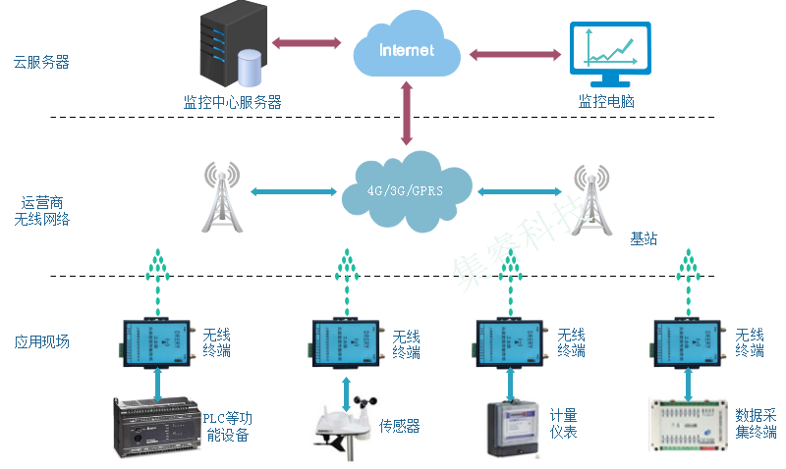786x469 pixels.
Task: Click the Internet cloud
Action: click(x=406, y=50)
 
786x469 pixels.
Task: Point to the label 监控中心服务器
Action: click(x=233, y=101)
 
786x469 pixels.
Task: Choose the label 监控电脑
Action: click(x=606, y=101)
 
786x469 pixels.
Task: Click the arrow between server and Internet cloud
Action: click(x=306, y=44)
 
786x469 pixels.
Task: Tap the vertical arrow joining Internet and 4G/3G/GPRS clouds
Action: click(x=406, y=114)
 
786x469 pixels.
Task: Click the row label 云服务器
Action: click(x=41, y=62)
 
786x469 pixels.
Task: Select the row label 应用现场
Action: click(x=41, y=342)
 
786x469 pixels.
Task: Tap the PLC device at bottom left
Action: click(x=156, y=426)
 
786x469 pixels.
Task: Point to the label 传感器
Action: click(x=400, y=426)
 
